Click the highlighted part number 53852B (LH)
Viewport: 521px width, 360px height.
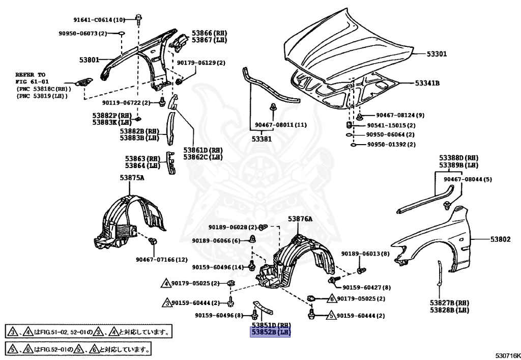270,333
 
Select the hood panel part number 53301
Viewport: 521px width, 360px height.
436,53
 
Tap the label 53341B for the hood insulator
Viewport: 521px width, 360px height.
427,83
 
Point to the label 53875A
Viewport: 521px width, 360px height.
132,178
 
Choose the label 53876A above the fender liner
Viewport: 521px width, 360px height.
300,218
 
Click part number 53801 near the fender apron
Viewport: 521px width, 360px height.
90,60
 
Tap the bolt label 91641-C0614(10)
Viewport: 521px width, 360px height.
99,20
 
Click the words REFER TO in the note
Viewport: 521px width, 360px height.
30,74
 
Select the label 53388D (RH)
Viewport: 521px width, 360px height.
459,158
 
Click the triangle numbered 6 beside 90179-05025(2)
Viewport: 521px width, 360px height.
331,299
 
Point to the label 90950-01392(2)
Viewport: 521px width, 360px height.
391,145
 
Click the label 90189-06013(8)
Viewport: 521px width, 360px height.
365,254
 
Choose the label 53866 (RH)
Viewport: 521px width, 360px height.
209,33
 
